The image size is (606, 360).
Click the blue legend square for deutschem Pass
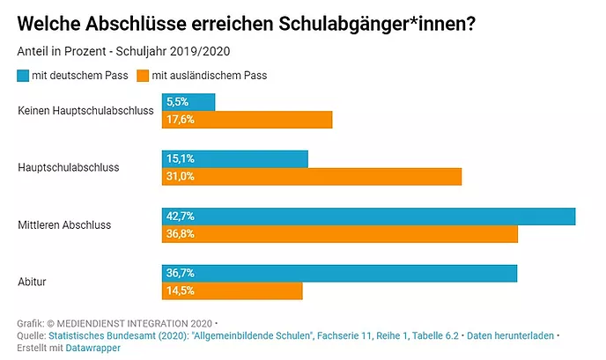pyautogui.click(x=23, y=76)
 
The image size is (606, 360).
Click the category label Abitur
pyautogui.click(x=33, y=283)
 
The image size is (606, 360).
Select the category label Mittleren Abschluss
pyautogui.click(x=65, y=225)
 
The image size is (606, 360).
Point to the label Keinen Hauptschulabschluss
pyautogui.click(x=85, y=111)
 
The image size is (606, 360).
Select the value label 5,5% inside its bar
pyautogui.click(x=177, y=102)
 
